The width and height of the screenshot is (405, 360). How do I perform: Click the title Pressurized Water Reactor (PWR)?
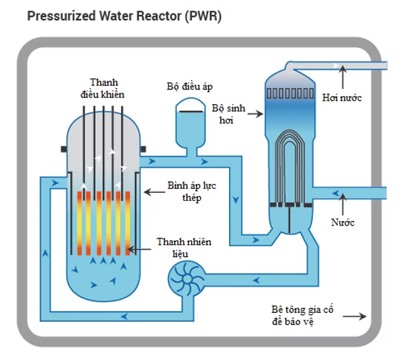(124, 15)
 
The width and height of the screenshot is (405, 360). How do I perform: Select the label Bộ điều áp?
(190, 86)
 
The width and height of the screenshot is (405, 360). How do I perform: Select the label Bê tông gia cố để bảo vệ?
(302, 316)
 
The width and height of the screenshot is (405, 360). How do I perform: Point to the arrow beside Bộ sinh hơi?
(255, 114)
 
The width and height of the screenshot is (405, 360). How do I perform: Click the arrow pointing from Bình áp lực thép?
(154, 192)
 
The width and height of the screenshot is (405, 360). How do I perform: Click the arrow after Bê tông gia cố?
(359, 316)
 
